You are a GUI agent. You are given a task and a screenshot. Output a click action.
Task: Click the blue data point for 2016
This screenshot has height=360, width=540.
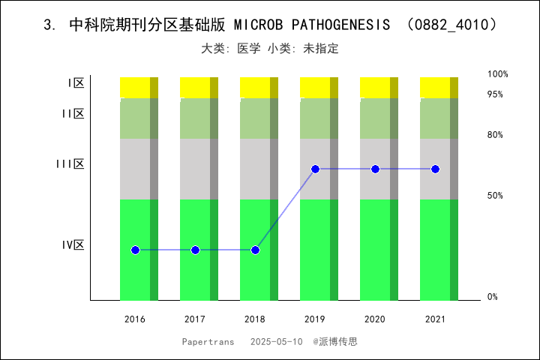[x=135, y=250]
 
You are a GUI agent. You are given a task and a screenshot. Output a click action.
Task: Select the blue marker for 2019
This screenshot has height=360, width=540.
[x=315, y=169]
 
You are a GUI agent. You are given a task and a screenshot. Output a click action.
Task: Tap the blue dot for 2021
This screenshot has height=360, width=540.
[x=435, y=169]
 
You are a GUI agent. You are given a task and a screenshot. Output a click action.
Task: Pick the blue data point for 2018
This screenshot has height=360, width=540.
[x=255, y=250]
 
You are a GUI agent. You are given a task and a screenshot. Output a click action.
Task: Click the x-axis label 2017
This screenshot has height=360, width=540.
[x=195, y=319]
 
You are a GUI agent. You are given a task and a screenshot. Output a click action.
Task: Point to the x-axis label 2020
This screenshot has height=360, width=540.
[x=375, y=319]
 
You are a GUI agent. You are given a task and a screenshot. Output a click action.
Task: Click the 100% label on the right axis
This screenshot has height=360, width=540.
[x=498, y=74]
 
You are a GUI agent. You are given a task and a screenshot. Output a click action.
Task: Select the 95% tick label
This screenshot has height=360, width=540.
[x=495, y=94]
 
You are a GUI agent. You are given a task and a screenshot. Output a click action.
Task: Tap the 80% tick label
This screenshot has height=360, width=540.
[x=495, y=135]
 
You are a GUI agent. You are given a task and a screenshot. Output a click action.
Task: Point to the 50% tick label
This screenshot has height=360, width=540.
[x=495, y=196]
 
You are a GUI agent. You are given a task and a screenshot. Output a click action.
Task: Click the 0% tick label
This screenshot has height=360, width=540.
[x=493, y=297]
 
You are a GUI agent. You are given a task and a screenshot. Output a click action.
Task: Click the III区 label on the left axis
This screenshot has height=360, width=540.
[x=70, y=163]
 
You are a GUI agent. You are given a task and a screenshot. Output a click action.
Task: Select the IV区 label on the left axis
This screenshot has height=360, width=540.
[x=73, y=244]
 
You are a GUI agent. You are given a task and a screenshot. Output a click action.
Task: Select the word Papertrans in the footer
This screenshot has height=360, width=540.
[x=208, y=341]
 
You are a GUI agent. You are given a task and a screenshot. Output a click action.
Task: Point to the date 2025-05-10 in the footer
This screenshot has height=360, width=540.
[x=276, y=341]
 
